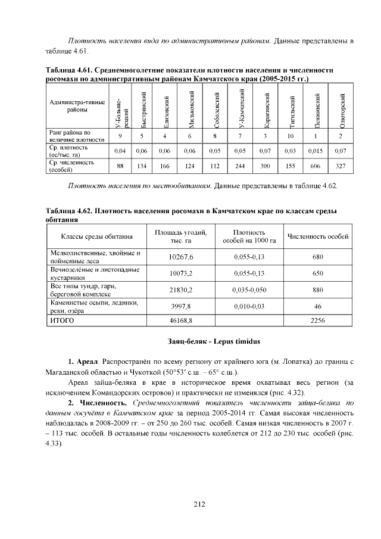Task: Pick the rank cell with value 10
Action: click(x=290, y=136)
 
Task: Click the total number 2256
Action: click(x=318, y=321)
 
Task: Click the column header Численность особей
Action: click(x=318, y=236)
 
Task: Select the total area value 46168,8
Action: click(x=182, y=321)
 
